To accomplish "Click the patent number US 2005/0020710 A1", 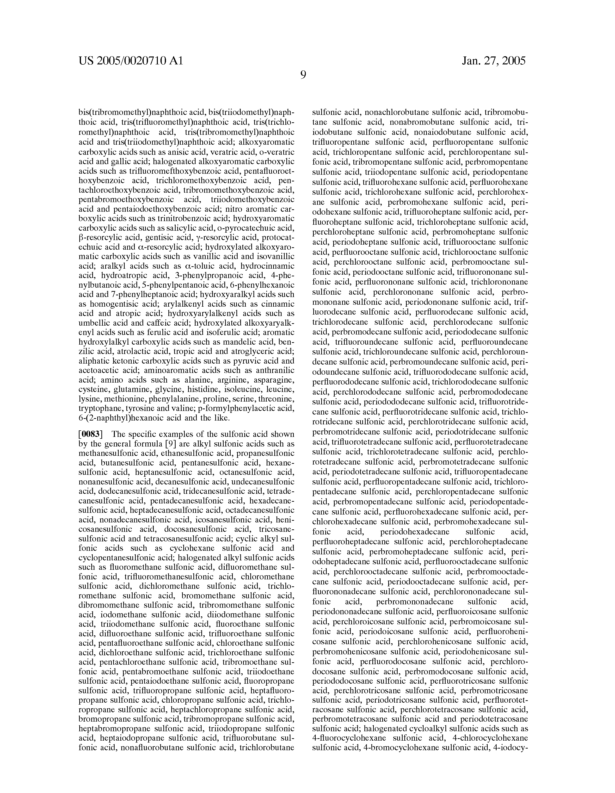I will pos(131,61).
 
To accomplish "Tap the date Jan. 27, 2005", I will pos(494,61).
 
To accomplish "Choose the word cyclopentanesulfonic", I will pos(120,557).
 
